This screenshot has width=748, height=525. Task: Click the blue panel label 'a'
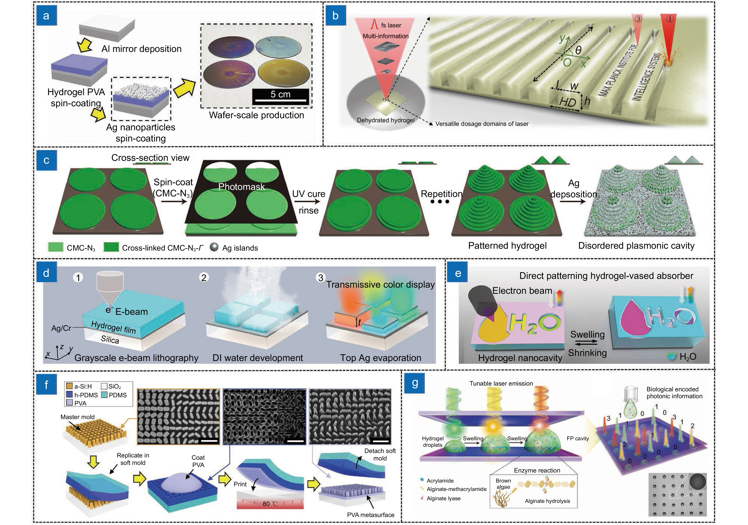pos(46,15)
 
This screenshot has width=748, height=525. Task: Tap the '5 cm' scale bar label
pos(280,94)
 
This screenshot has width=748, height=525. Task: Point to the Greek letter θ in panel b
pos(578,50)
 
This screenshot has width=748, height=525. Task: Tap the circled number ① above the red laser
pos(670,19)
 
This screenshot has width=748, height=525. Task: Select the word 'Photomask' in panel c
pos(241,187)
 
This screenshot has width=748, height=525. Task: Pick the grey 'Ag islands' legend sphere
pos(214,247)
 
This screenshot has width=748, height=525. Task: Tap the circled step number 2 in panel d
pos(204,277)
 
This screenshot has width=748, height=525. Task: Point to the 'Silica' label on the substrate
pos(110,340)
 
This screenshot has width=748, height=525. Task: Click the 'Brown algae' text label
pos(503,484)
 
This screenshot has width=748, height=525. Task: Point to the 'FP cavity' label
pos(578,438)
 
